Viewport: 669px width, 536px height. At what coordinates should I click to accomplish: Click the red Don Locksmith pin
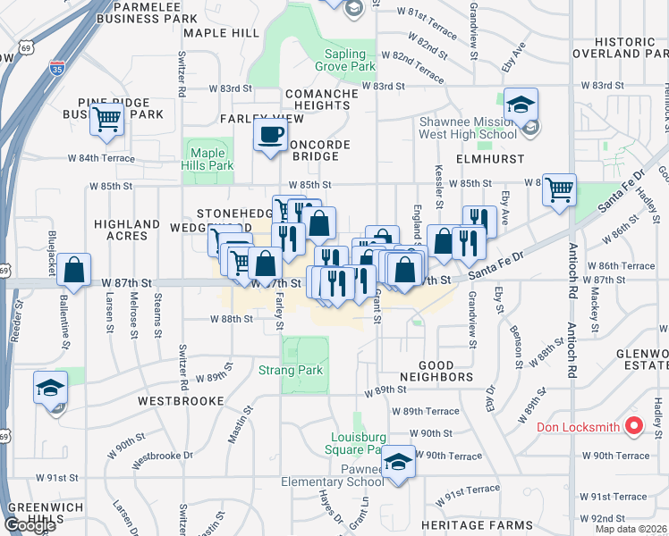click(634, 425)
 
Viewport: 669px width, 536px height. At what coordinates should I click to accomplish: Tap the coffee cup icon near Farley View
click(270, 136)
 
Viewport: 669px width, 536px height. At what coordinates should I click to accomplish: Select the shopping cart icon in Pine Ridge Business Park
click(107, 118)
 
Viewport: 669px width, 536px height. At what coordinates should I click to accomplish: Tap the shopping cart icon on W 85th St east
click(559, 188)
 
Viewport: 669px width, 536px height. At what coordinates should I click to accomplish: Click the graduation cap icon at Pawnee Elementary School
click(399, 461)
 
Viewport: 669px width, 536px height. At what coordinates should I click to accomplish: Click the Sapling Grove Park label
click(344, 60)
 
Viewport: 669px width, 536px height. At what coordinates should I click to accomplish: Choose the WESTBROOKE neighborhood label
click(181, 402)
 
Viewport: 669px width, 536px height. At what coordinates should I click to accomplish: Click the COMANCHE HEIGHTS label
click(317, 99)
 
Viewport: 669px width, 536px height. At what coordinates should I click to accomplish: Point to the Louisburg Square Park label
click(358, 443)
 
